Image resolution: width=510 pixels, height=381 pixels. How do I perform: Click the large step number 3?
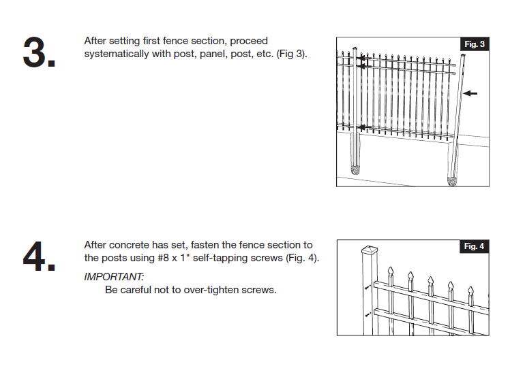[39, 53]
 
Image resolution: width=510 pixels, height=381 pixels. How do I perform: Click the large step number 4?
[39, 256]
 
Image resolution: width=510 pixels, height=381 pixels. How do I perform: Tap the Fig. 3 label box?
[475, 44]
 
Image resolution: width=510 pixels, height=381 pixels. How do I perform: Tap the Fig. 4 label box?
[475, 246]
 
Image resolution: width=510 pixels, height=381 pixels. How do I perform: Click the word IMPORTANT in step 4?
[114, 277]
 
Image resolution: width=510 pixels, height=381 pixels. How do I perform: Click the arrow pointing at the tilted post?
[470, 93]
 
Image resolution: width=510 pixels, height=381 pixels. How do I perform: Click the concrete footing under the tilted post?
[451, 181]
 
